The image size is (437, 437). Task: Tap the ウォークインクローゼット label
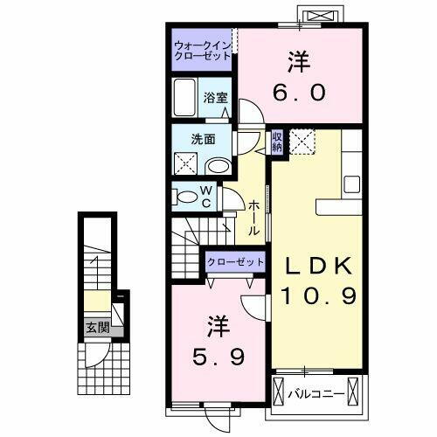point(202,50)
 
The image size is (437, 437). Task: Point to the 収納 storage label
point(277,141)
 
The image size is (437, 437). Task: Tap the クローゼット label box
point(235,261)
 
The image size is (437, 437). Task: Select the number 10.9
point(317,296)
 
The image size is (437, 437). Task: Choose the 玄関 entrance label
point(97,328)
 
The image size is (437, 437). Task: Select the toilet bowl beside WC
point(186,197)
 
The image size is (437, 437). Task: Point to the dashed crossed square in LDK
point(304,142)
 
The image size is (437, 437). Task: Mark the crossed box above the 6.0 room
point(315,14)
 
